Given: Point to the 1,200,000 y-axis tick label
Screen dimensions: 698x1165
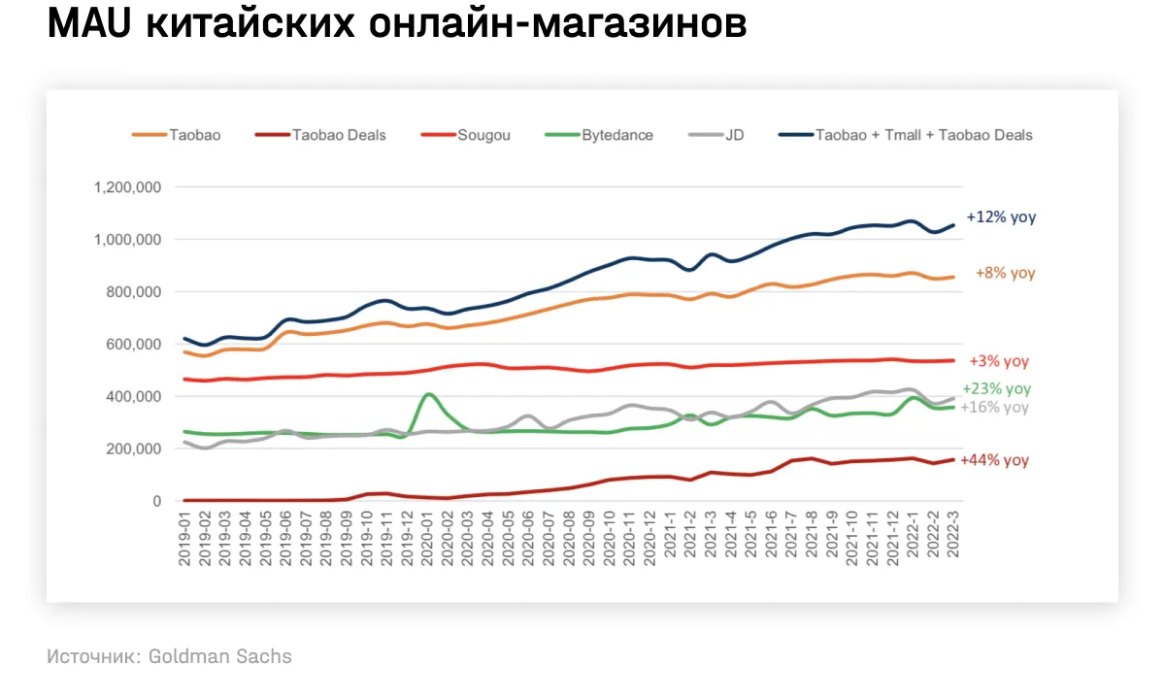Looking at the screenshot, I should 127,187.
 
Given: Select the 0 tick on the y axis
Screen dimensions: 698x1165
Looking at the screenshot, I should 156,501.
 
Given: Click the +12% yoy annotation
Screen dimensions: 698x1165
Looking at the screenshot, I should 1001,217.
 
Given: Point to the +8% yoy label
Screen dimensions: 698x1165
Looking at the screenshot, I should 1005,274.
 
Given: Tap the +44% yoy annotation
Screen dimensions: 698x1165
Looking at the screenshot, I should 994,460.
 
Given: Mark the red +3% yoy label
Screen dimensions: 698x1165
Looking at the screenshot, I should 999,361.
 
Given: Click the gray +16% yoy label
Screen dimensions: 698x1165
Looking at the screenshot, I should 994,408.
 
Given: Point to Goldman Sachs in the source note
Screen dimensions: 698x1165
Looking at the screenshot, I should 219,656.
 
